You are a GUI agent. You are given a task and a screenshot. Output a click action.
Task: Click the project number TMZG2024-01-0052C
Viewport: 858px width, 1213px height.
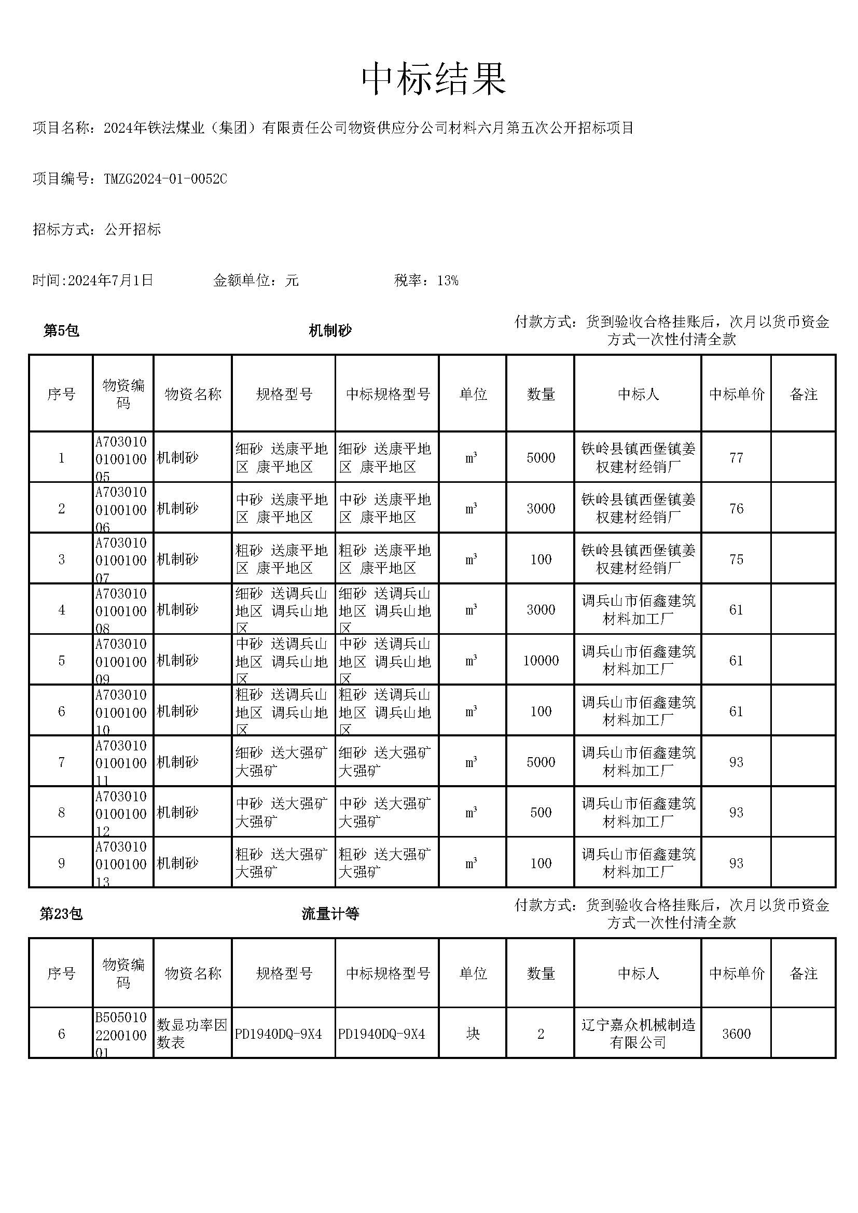click(165, 179)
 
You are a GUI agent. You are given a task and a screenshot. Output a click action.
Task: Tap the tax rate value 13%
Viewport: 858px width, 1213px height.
click(448, 281)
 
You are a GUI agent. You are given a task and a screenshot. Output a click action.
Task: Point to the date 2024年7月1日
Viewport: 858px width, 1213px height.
click(110, 280)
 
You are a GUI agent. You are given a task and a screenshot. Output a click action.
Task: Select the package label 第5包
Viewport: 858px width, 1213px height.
click(61, 331)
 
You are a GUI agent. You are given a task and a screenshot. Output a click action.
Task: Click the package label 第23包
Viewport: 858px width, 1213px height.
click(61, 913)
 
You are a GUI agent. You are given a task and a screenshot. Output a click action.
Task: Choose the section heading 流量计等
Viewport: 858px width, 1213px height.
click(330, 913)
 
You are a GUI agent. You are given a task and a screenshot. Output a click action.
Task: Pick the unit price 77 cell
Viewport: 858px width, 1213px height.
click(736, 457)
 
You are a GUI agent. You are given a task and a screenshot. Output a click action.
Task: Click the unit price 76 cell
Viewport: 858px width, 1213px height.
click(736, 508)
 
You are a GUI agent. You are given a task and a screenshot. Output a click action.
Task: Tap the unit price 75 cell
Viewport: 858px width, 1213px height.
click(736, 559)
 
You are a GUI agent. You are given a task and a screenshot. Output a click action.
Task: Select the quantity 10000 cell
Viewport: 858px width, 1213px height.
click(541, 660)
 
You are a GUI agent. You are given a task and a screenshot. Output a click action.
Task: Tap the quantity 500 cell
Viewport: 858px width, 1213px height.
click(541, 812)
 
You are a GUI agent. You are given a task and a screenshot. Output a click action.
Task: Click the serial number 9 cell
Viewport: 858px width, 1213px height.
click(61, 863)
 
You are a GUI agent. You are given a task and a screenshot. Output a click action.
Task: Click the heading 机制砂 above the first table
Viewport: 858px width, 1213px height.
click(330, 331)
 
